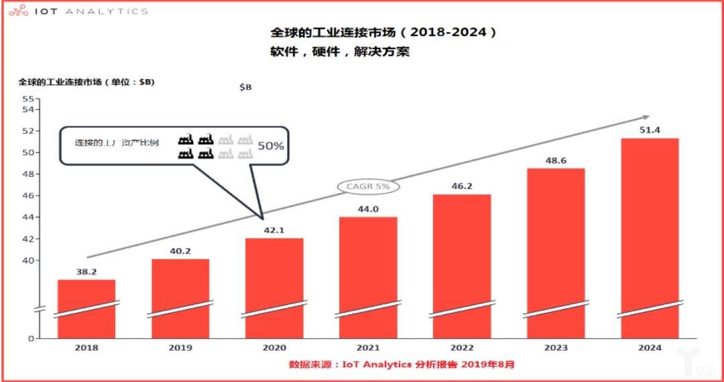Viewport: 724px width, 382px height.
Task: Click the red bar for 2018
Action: tap(86, 308)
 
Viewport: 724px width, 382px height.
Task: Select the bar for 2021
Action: tap(368, 277)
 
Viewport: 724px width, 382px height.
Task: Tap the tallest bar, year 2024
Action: tap(650, 238)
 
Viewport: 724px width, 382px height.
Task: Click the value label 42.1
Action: tap(274, 231)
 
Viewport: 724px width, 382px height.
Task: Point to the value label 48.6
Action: tap(556, 161)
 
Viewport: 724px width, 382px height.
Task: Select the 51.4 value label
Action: tap(650, 130)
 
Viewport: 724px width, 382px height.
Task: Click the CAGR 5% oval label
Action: tap(368, 186)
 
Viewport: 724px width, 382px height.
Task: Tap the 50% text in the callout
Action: tap(271, 145)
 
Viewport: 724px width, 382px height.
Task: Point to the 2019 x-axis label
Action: tap(180, 348)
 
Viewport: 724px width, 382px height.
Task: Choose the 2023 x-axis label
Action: tap(556, 348)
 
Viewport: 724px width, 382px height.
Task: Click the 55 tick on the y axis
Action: tap(27, 99)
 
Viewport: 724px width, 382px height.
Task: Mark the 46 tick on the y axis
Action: tap(27, 196)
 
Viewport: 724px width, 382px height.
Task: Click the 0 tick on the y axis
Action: tap(31, 339)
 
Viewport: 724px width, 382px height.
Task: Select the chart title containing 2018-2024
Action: tap(384, 32)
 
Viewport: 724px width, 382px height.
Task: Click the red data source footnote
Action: tap(402, 365)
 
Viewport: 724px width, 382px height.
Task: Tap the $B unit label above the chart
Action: tap(245, 87)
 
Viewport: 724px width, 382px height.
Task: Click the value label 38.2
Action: tap(86, 272)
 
